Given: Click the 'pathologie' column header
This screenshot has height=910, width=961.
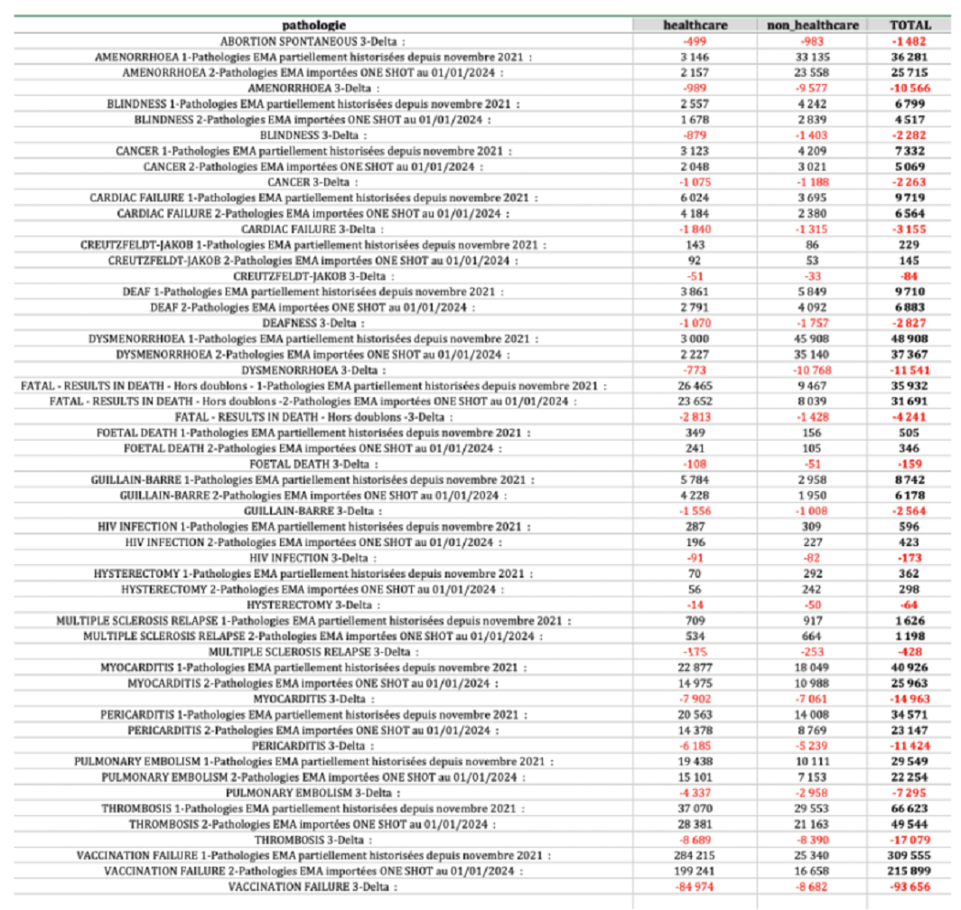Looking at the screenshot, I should click(x=314, y=25).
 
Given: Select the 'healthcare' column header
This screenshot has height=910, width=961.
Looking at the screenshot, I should click(x=695, y=25).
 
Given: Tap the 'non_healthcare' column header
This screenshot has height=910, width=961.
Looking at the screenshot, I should click(x=812, y=25).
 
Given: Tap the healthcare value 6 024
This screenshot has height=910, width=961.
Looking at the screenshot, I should click(x=695, y=197).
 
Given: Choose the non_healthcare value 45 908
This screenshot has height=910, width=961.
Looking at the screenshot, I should click(x=812, y=339).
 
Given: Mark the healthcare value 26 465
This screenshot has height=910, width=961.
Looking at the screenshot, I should click(x=695, y=385).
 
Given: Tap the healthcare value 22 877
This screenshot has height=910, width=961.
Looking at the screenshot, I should click(x=695, y=667).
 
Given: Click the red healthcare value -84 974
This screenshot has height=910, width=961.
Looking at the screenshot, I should click(x=695, y=887).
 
